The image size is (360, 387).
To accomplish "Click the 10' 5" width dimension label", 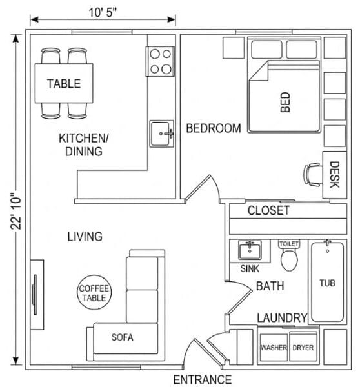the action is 103,12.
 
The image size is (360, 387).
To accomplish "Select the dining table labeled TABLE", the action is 64,83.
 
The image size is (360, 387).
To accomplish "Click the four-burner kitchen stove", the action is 160,61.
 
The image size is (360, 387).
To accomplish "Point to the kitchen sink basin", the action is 162,134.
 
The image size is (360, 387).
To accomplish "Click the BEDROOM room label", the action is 214,128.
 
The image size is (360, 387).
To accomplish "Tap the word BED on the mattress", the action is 285,102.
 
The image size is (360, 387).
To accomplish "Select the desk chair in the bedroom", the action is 313,175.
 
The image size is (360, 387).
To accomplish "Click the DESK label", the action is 335,175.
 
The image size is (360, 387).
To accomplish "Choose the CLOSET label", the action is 268,210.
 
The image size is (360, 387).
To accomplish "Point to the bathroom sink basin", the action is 250,250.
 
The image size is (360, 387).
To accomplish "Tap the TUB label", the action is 327,283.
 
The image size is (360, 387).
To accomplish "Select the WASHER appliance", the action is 274,347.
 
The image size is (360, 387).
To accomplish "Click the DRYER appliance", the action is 303,347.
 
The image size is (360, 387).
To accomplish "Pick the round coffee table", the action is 94,292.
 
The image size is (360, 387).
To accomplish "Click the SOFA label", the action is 122,337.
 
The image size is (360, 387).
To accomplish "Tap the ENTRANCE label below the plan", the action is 203,380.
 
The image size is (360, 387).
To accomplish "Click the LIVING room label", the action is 85,237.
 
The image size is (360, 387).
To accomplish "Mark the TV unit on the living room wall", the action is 37,295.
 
